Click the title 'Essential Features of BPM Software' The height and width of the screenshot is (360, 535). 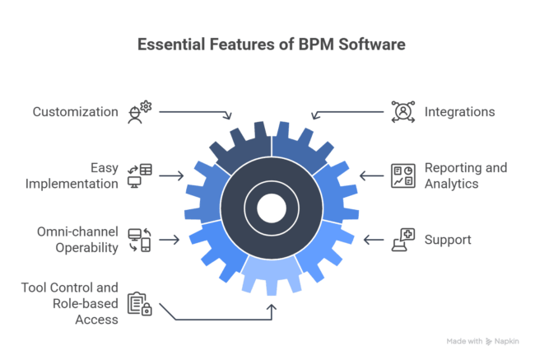click(267, 44)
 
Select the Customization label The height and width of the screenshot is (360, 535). click(76, 111)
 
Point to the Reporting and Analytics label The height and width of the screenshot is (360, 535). click(465, 175)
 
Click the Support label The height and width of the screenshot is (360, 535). click(447, 240)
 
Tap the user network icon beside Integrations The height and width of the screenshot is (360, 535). click(402, 111)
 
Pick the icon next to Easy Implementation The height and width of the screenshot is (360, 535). click(140, 175)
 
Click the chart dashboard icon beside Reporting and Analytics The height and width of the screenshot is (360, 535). click(402, 175)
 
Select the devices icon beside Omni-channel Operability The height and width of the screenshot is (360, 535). click(139, 240)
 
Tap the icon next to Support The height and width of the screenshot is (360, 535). click(402, 240)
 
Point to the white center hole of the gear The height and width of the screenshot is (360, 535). click(271, 208)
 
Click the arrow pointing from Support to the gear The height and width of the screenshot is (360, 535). click(374, 240)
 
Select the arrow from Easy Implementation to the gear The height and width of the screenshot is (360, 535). click(171, 175)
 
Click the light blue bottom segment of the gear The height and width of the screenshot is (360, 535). click(271, 276)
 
